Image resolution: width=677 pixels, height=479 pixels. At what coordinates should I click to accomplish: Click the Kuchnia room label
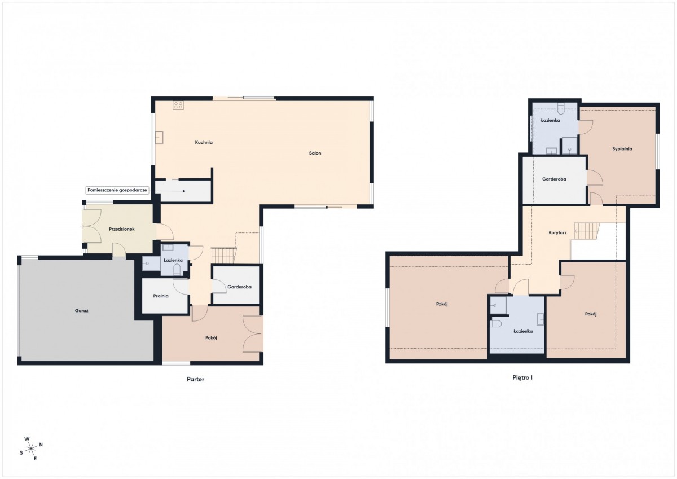tap(204, 142)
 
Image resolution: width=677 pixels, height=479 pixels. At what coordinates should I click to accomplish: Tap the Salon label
tap(315, 153)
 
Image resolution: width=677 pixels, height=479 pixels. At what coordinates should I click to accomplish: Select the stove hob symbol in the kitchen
tap(178, 105)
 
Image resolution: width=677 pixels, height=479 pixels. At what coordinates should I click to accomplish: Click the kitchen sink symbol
tap(159, 138)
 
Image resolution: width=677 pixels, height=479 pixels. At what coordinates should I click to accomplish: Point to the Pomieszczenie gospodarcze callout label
tap(117, 190)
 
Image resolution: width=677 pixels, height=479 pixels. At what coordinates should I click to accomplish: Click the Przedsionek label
tap(121, 229)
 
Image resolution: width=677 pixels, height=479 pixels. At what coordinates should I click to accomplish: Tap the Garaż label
tap(81, 310)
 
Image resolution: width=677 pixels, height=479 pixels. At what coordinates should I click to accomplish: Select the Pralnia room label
tap(160, 296)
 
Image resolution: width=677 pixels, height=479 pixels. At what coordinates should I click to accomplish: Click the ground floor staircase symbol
tap(223, 256)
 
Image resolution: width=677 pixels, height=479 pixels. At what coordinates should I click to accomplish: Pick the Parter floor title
tap(195, 379)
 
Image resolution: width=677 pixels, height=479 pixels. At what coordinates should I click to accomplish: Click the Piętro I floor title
tap(522, 378)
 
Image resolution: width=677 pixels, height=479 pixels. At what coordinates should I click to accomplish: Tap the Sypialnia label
tap(622, 149)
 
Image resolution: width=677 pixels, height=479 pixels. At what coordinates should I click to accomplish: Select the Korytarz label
tap(557, 232)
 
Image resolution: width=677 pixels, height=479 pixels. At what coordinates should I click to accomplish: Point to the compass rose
tap(31, 449)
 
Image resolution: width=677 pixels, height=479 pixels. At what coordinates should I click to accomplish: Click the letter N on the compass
tap(41, 445)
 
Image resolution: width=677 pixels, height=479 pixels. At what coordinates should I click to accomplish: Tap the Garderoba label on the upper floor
tap(554, 179)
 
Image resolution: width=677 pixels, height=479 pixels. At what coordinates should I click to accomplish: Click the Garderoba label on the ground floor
tap(239, 287)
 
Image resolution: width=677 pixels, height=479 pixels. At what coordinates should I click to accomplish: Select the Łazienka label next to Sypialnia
tap(550, 120)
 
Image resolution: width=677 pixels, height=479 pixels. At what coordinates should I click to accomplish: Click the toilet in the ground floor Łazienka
tap(177, 270)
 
